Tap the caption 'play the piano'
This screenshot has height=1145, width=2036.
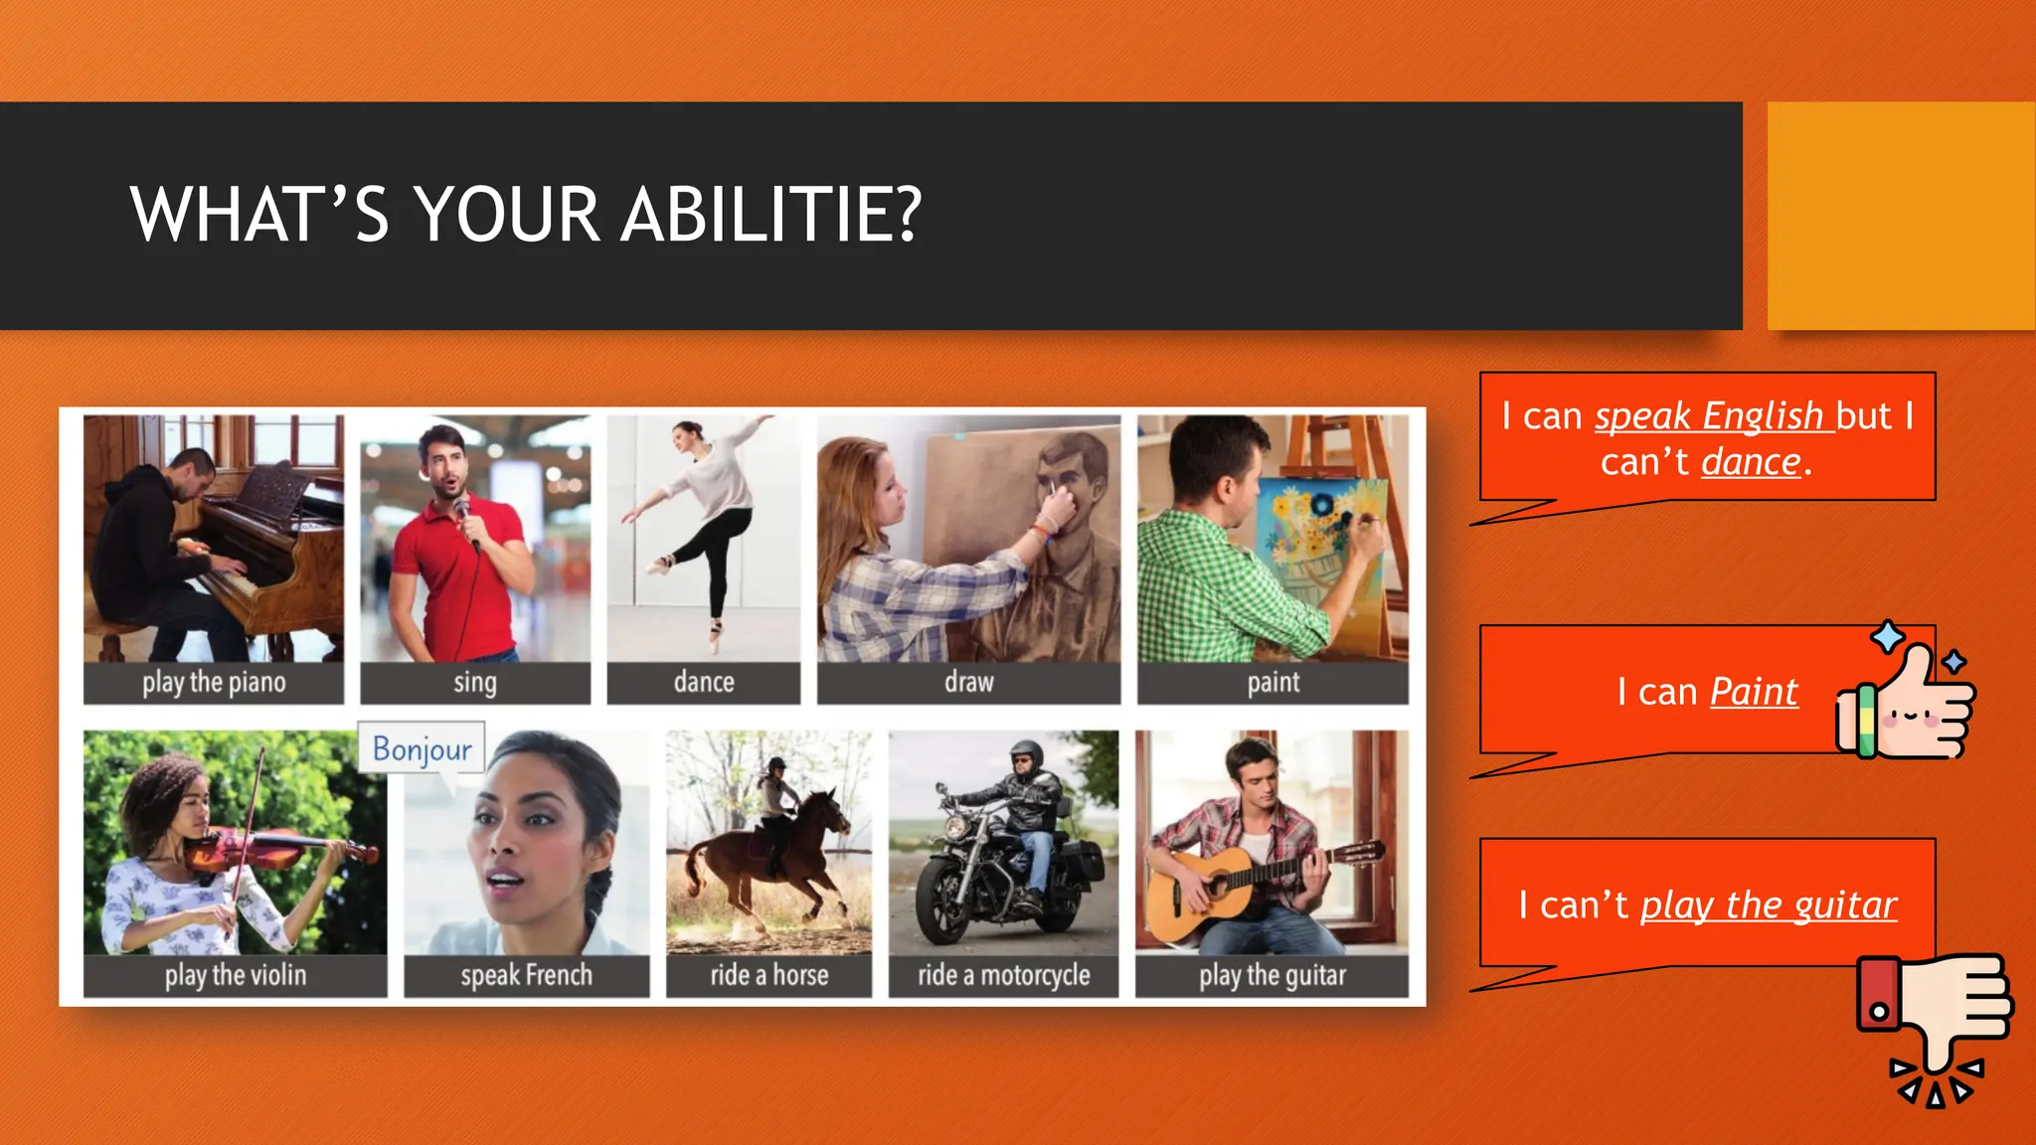pyautogui.click(x=214, y=683)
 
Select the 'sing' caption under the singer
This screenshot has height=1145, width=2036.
pyautogui.click(x=475, y=683)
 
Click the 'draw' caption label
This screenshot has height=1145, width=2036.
pyautogui.click(x=968, y=683)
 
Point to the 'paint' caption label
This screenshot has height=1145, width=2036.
pyautogui.click(x=1272, y=683)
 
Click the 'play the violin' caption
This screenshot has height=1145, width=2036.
pyautogui.click(x=236, y=976)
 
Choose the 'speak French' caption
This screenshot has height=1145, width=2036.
pyautogui.click(x=526, y=976)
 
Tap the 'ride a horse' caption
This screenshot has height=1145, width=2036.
pyautogui.click(x=768, y=976)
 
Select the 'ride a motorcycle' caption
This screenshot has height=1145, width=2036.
pyautogui.click(x=1003, y=976)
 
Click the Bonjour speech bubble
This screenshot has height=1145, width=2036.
pyautogui.click(x=422, y=748)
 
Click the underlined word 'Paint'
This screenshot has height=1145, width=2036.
pyautogui.click(x=1754, y=692)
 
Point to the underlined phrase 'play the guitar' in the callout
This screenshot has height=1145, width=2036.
pyautogui.click(x=1768, y=905)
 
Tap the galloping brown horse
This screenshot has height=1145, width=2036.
pyautogui.click(x=765, y=855)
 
